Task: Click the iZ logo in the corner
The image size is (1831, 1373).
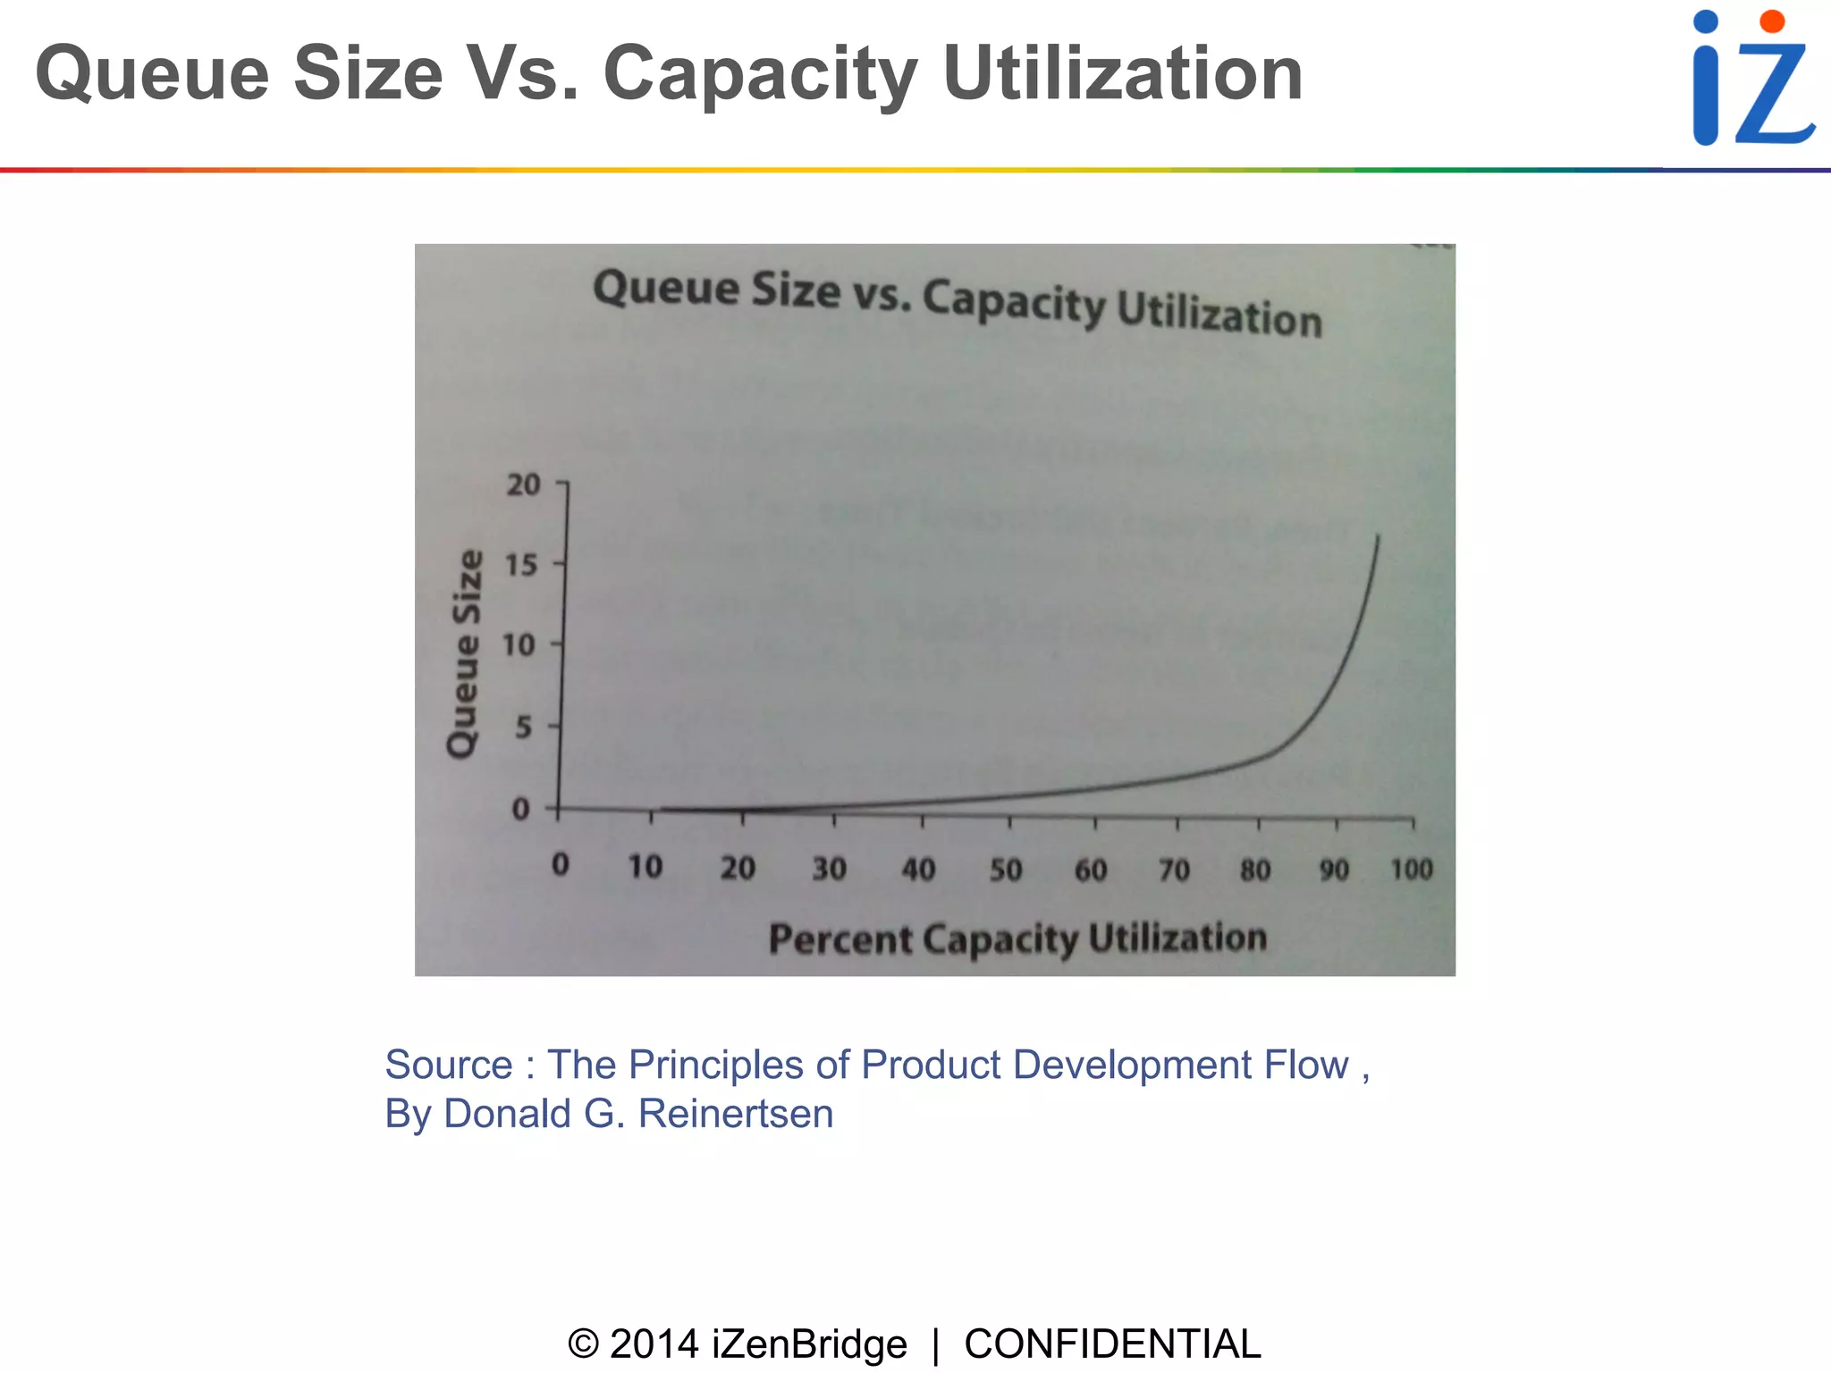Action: click(1752, 79)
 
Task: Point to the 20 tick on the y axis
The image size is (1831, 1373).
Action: click(524, 485)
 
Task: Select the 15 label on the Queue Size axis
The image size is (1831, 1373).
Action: click(521, 565)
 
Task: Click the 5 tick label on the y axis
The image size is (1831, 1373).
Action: click(524, 727)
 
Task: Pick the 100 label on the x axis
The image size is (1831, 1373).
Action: click(1411, 869)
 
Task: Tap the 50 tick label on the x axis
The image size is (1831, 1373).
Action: click(1006, 870)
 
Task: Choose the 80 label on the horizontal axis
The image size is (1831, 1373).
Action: click(1255, 870)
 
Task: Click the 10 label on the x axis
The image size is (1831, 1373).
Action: click(645, 867)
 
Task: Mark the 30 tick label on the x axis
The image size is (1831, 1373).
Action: click(829, 869)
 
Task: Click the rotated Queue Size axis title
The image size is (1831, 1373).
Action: click(464, 653)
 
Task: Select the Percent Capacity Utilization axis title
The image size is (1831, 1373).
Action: click(1017, 939)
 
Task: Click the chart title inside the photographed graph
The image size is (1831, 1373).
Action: click(957, 302)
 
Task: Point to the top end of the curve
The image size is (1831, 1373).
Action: click(1378, 537)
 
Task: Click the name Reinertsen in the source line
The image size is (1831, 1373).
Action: click(735, 1114)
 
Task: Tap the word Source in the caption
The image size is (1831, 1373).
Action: click(448, 1065)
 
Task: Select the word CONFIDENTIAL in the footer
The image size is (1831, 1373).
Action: click(1112, 1344)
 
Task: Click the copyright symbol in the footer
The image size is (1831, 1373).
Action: click(583, 1344)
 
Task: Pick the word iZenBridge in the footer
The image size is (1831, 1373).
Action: click(808, 1344)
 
